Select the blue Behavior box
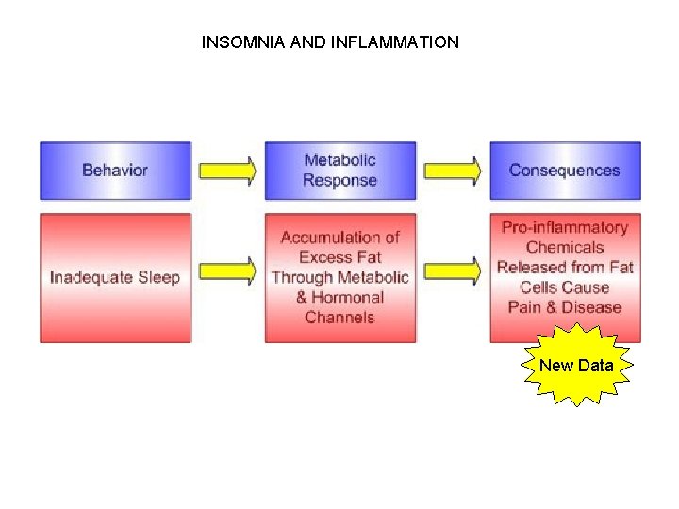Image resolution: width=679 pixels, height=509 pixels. click(115, 171)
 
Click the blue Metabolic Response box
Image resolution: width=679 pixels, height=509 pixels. click(339, 171)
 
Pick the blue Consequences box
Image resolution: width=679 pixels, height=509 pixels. click(564, 171)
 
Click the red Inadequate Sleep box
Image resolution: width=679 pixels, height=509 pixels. click(115, 278)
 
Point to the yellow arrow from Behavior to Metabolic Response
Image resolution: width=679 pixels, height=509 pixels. click(227, 171)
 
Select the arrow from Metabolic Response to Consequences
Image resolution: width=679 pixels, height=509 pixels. click(452, 171)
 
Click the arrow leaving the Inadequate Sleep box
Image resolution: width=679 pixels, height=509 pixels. click(227, 271)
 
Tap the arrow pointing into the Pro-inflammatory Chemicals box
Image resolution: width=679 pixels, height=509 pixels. click(452, 271)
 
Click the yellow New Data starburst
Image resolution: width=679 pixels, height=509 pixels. click(576, 366)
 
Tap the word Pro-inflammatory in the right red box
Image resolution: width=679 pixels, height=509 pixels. click(564, 227)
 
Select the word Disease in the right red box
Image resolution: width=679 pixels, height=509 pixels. click(591, 307)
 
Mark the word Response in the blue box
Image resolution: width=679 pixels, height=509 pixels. click(339, 181)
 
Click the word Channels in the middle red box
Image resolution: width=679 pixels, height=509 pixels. click(339, 318)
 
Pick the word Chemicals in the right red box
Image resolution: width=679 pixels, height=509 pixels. click(564, 248)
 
